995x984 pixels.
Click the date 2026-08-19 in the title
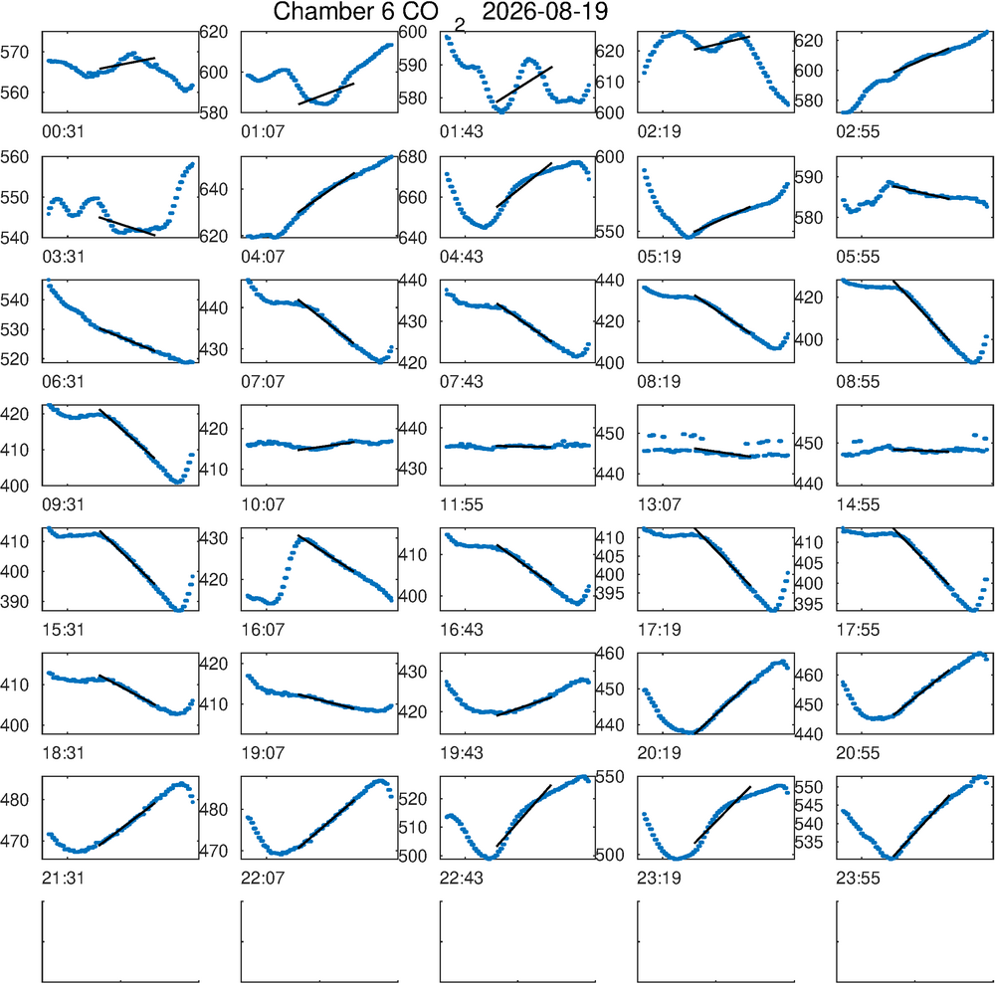pyautogui.click(x=544, y=11)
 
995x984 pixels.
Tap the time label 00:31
pyautogui.click(x=63, y=132)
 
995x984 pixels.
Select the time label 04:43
pyautogui.click(x=462, y=257)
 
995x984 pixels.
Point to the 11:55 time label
pyautogui.click(x=462, y=505)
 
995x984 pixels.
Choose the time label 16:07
pyautogui.click(x=263, y=630)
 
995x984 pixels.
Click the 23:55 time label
pyautogui.click(x=858, y=879)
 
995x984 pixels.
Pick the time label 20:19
pyautogui.click(x=660, y=753)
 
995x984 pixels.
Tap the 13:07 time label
pyautogui.click(x=660, y=505)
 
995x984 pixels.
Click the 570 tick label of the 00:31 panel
pyautogui.click(x=15, y=53)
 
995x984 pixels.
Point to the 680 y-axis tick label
pyautogui.click(x=413, y=157)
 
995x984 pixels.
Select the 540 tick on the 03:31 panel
pyautogui.click(x=15, y=238)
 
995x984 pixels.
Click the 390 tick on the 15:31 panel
pyautogui.click(x=15, y=601)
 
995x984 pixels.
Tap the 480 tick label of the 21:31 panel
pyautogui.click(x=15, y=800)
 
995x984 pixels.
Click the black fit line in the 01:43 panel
pyautogui.click(x=524, y=85)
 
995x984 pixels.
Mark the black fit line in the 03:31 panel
pyautogui.click(x=127, y=227)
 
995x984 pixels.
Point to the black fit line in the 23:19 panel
pyautogui.click(x=722, y=815)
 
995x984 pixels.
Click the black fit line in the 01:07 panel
pyautogui.click(x=326, y=94)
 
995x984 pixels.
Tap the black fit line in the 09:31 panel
pyautogui.click(x=127, y=434)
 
